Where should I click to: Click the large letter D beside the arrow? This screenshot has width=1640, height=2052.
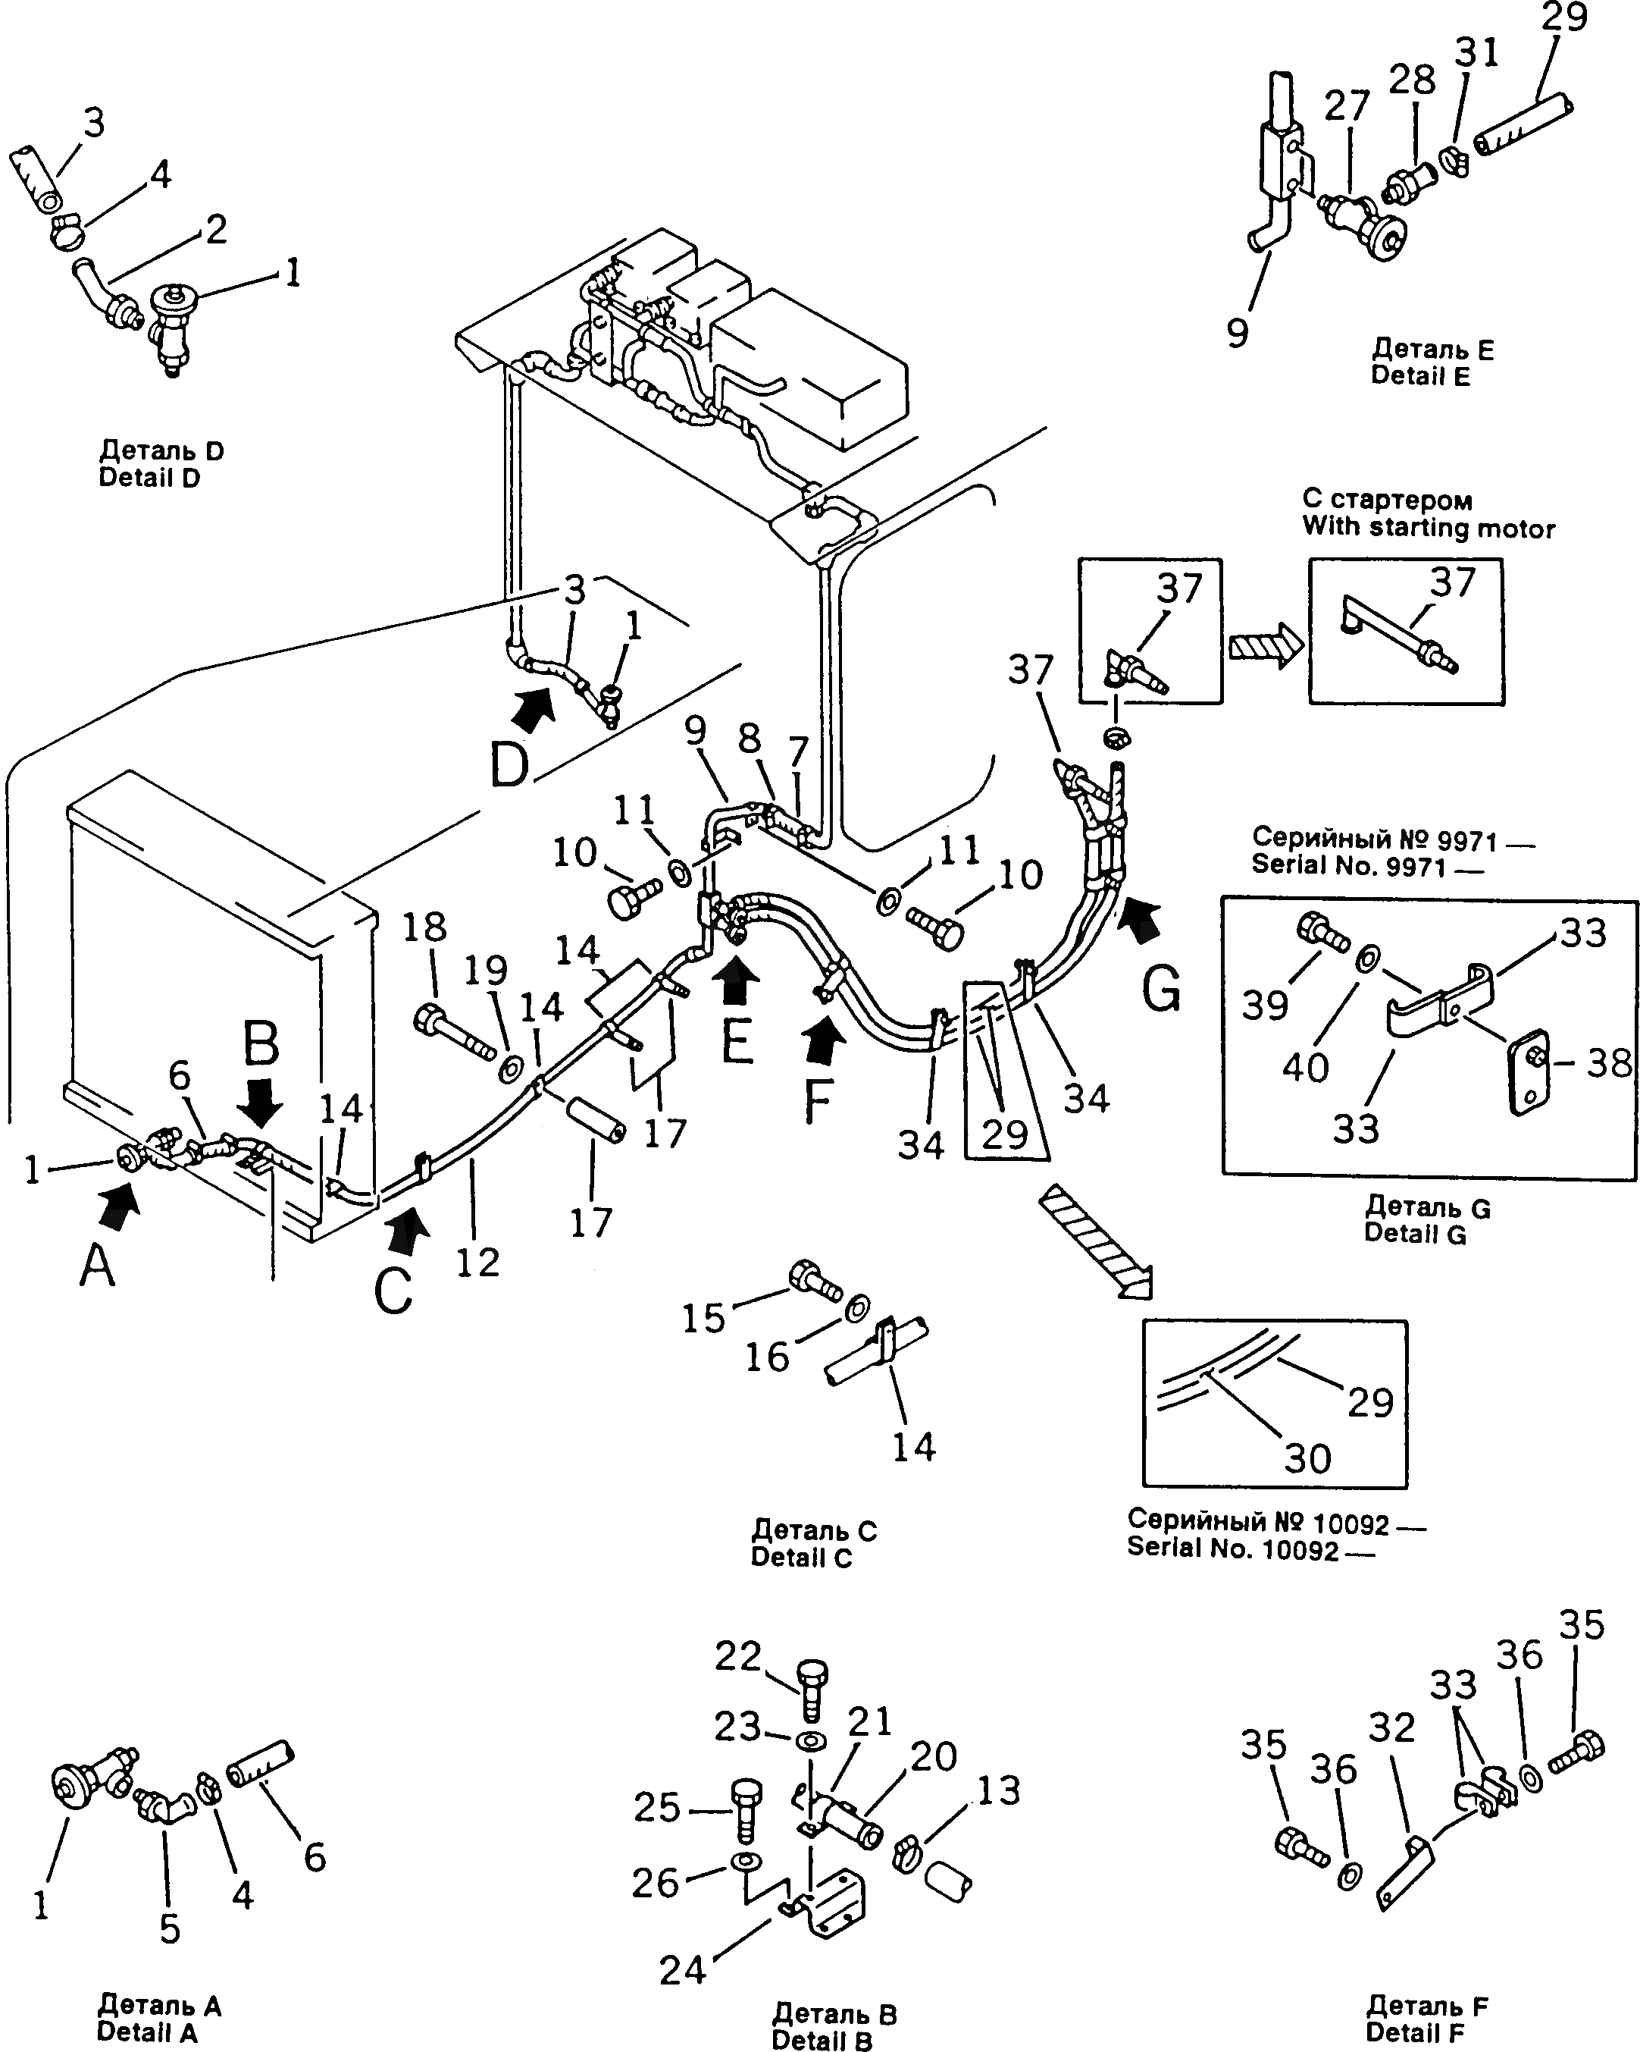click(x=510, y=764)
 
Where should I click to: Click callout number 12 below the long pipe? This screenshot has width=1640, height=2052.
click(x=477, y=1262)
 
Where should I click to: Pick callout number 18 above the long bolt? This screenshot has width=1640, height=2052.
click(x=424, y=926)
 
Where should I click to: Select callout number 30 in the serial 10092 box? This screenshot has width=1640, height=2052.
click(x=1307, y=1458)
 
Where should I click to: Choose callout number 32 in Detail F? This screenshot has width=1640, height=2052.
click(x=1391, y=1727)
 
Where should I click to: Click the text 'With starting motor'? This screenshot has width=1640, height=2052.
click(x=1428, y=529)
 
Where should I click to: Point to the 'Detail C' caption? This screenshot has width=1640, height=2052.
click(x=801, y=1557)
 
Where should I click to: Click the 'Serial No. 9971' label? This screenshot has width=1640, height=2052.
click(x=1348, y=865)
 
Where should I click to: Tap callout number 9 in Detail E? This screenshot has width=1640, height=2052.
click(x=1237, y=332)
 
